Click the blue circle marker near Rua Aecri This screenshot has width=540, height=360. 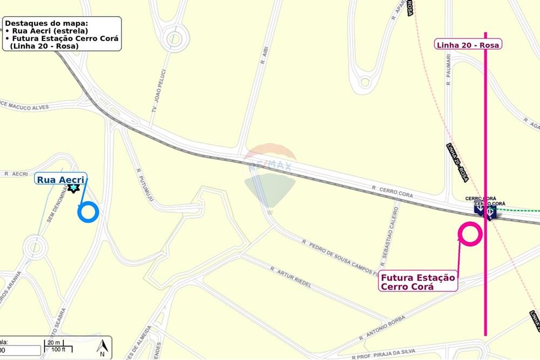pos(88,212)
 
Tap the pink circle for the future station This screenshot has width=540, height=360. pos(470,234)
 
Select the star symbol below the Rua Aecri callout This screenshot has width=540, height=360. pos(73,188)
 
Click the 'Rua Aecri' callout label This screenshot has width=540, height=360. pos(61,179)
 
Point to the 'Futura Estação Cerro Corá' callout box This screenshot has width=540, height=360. pos(418,282)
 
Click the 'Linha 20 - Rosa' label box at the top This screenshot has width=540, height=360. pos(468,44)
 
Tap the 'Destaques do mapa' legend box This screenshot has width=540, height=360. pos(62,34)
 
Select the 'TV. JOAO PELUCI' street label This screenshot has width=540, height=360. pos(158,91)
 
